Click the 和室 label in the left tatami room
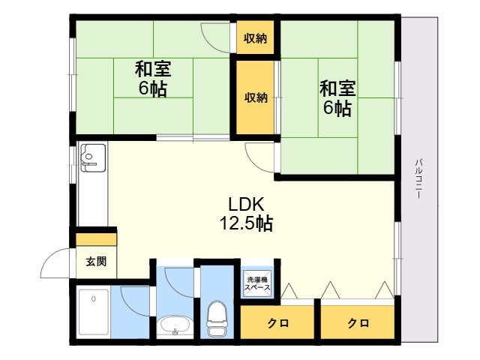tap(153, 70)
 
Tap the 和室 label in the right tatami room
tap(337, 88)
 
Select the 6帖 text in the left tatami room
tap(153, 89)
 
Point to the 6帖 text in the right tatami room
tap(337, 108)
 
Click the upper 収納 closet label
tap(255, 38)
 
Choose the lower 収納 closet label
tap(255, 97)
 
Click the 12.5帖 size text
tap(245, 223)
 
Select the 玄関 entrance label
tap(95, 261)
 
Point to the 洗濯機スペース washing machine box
tap(255, 285)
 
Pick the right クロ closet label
tap(358, 323)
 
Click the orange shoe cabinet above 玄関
tap(96, 240)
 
